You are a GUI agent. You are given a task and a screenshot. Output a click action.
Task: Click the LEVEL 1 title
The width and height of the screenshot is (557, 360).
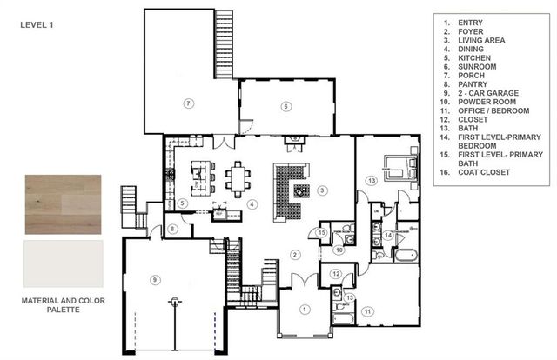(37, 25)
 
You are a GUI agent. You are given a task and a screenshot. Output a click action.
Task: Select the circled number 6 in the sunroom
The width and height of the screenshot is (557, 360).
(285, 106)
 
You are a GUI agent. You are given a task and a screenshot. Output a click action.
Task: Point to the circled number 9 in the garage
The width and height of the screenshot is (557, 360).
(155, 279)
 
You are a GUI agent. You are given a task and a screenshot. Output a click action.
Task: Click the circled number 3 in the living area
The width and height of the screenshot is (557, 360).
(321, 190)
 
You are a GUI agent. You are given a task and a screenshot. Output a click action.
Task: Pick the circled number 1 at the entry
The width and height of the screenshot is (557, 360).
(305, 308)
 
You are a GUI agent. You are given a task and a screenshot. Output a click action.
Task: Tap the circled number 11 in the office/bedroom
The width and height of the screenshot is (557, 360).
(367, 310)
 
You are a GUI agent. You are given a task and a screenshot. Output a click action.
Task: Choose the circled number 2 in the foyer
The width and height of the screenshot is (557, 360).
(295, 254)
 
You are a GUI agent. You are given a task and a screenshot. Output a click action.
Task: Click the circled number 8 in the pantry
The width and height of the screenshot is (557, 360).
(172, 229)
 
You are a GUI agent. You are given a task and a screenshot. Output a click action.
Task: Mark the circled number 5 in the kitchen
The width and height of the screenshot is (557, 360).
(183, 203)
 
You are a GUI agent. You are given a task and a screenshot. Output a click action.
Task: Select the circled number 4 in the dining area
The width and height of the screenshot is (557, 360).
(252, 204)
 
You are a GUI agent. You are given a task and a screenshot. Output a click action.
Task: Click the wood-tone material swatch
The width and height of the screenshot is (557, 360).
(64, 203)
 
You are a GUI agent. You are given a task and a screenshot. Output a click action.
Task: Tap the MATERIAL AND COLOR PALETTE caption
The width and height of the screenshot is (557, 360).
(63, 303)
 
